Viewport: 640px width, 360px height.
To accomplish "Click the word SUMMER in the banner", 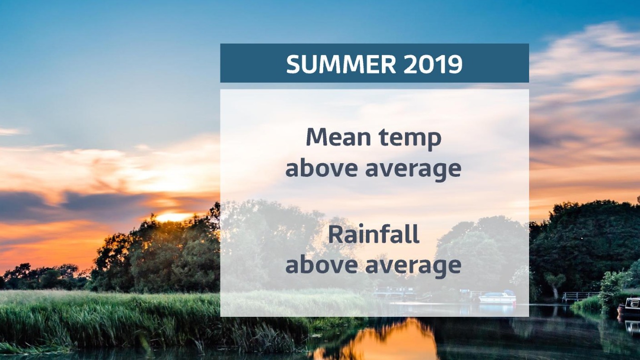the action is (x=341, y=64).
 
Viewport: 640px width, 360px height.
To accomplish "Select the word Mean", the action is (x=338, y=137).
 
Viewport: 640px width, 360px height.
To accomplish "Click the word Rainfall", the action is (x=374, y=234).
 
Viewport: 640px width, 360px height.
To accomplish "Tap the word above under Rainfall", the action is (x=321, y=264).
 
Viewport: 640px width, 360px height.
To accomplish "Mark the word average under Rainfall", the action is (x=414, y=266).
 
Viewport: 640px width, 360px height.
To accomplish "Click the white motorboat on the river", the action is (x=497, y=297).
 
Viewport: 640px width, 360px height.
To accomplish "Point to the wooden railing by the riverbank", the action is (x=580, y=296).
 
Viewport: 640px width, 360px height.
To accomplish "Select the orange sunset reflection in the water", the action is (x=380, y=339).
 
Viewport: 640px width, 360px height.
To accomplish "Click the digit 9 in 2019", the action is (x=455, y=64).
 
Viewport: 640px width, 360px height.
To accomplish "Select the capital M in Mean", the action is (x=317, y=137).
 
